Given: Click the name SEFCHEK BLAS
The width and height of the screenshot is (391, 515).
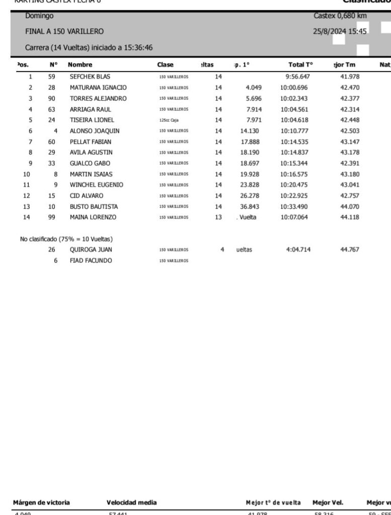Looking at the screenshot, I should [90, 76].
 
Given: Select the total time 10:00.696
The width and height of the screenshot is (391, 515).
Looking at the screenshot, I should [294, 88].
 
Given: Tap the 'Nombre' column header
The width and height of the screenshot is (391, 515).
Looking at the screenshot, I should [80, 64].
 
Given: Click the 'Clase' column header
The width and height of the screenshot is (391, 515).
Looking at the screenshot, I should [165, 64].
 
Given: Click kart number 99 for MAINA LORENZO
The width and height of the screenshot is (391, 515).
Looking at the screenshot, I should [51, 217].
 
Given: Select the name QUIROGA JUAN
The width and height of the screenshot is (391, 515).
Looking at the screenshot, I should [91, 249].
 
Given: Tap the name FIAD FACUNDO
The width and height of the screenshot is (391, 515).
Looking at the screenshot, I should [91, 261].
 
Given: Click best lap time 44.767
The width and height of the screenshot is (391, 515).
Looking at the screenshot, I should [350, 249].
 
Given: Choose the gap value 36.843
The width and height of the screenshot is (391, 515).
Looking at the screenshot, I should [251, 207].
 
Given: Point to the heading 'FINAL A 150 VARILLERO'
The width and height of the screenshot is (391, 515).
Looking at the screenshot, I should [64, 31].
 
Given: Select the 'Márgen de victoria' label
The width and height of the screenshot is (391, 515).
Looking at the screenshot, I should [41, 502].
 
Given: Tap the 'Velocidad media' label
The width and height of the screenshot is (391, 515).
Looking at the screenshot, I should [131, 502].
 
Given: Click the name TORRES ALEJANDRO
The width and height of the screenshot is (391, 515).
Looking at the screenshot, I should [98, 98].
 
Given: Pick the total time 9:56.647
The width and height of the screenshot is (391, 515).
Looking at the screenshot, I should [296, 76].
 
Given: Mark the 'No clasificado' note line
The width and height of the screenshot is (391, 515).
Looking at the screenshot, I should [66, 239].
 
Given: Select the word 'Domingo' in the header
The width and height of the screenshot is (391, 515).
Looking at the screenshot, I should [39, 17].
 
